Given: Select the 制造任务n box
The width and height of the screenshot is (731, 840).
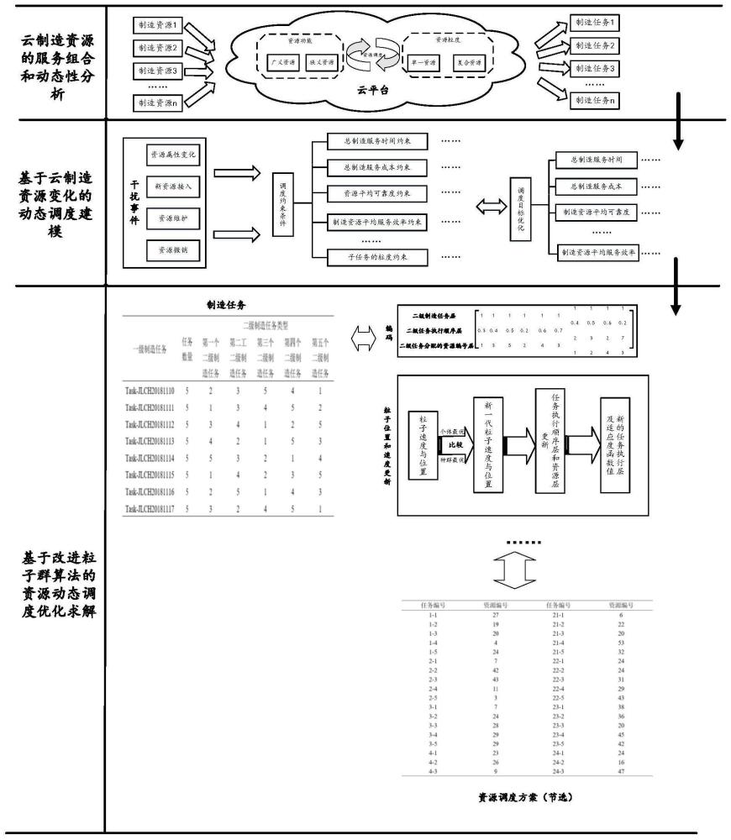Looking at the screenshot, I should [593, 100].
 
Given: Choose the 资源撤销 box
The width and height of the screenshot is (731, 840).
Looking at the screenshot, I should [172, 249].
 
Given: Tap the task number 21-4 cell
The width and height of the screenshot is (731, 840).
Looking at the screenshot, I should [559, 642].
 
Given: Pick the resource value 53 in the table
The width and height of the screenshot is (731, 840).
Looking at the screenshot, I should [621, 642].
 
